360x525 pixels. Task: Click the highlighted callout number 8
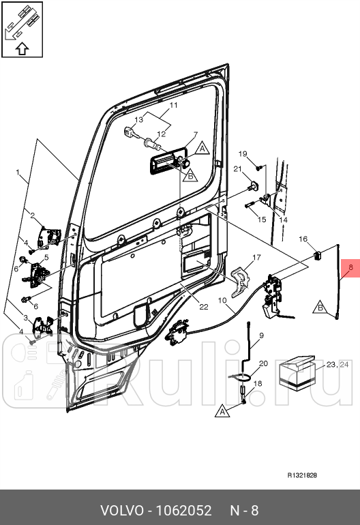pos(350,267)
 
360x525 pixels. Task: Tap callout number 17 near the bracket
pos(256,258)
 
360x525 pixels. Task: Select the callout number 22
pos(204,307)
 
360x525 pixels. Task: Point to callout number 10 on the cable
pos(222,300)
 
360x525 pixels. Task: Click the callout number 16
pos(303,239)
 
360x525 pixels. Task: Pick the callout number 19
pos(243,153)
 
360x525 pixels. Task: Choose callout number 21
pos(237,169)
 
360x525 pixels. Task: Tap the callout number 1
pos(18,172)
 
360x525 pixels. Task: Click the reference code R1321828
pos(302,475)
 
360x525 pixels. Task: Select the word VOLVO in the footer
pos(122,511)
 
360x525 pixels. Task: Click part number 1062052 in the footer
pos(184,511)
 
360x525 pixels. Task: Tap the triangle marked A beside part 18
pos(223,411)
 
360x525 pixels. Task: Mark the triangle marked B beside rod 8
pos(320,307)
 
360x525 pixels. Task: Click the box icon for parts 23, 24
pos(297,374)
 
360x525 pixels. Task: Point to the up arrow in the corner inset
pos(22,49)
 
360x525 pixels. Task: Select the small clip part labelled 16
pos(318,256)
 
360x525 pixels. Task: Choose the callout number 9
pos(261,335)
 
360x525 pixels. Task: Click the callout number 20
pos(264,363)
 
